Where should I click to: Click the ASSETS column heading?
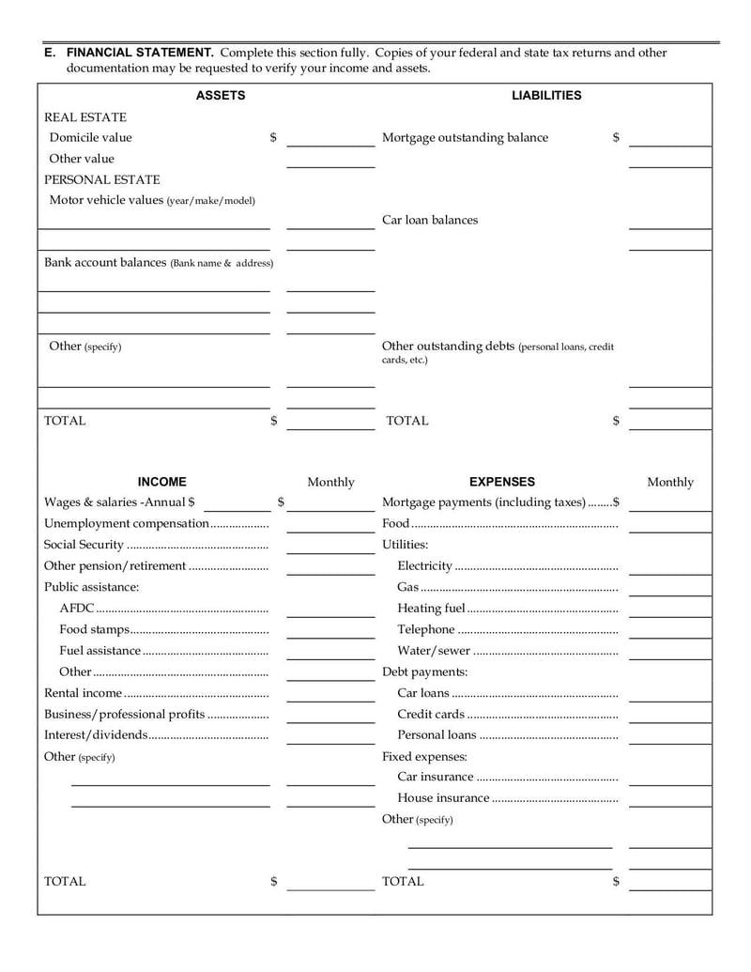pyautogui.click(x=220, y=96)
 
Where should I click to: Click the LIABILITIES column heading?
pyautogui.click(x=545, y=96)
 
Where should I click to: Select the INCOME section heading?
pyautogui.click(x=161, y=482)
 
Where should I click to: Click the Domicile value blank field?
pyautogui.click(x=330, y=139)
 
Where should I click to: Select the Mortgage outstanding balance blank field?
pyautogui.click(x=669, y=139)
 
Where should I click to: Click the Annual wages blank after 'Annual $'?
pyautogui.click(x=236, y=503)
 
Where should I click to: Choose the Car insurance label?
pyautogui.click(x=436, y=777)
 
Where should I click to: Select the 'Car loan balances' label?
pyautogui.click(x=429, y=221)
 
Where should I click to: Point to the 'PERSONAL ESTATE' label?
pyautogui.click(x=102, y=179)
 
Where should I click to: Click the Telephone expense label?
pyautogui.click(x=426, y=629)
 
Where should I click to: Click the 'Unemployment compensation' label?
pyautogui.click(x=126, y=524)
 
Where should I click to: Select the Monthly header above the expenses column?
pyautogui.click(x=669, y=483)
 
